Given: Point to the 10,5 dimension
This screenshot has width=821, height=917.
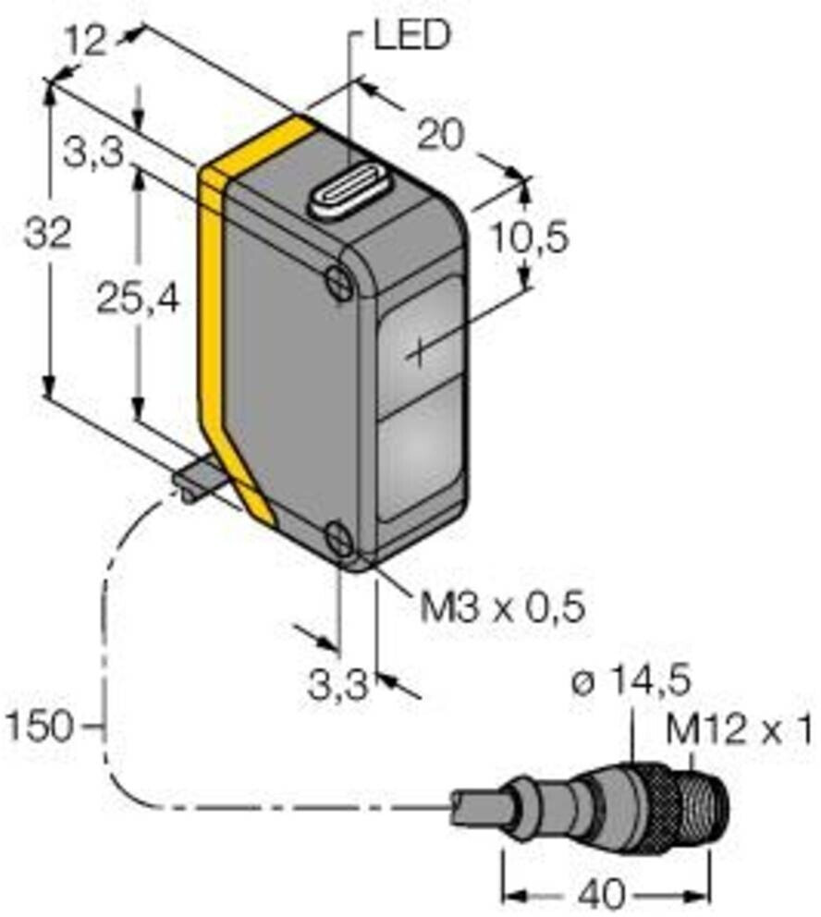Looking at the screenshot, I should pos(527,238).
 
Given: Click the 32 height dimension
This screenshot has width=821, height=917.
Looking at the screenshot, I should pos(47,236).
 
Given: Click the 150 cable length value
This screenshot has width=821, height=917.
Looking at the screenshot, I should pos(42,727).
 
